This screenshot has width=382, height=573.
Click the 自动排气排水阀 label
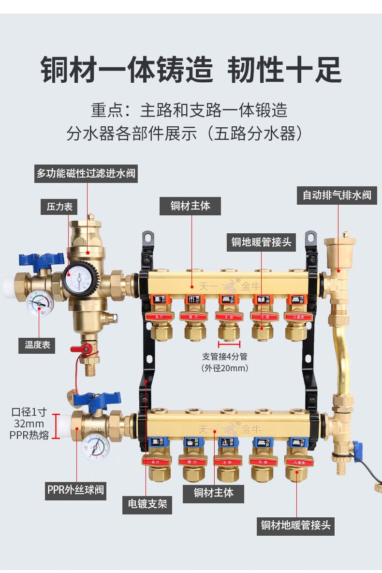(x=337, y=196)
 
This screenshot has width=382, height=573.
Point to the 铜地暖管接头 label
(x=261, y=242)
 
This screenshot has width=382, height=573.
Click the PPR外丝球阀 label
(x=75, y=490)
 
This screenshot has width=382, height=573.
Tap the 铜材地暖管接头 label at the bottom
(x=295, y=525)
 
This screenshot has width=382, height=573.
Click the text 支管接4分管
(x=225, y=357)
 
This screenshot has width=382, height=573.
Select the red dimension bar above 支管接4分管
(x=229, y=344)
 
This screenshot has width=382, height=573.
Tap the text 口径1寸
(x=29, y=412)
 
